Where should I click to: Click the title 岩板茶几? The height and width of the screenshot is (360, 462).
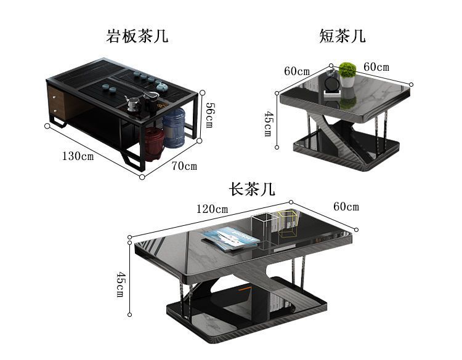(137, 36)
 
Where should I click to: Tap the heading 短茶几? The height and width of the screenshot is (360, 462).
(342, 36)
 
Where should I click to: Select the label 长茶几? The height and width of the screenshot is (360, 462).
(251, 189)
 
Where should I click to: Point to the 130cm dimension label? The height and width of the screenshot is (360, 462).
(77, 156)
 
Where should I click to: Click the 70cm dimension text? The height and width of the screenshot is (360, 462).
(184, 166)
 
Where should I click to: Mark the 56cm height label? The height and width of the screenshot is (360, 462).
(208, 114)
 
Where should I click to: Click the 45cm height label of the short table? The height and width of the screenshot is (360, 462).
(267, 124)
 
